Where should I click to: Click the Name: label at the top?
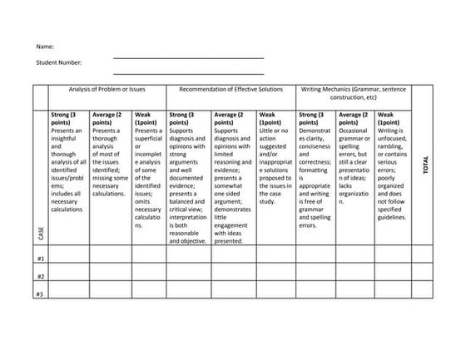click(x=45, y=47)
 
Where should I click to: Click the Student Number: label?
click(x=60, y=62)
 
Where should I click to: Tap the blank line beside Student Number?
click(x=188, y=70)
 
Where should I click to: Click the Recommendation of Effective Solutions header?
click(x=231, y=88)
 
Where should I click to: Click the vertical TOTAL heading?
click(x=425, y=165)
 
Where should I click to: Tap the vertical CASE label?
click(x=41, y=234)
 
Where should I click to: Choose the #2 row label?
click(x=40, y=275)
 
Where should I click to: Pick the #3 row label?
click(x=40, y=293)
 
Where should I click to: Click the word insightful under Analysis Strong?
click(x=64, y=138)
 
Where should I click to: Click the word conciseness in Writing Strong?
click(x=315, y=146)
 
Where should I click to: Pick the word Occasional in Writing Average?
click(x=355, y=131)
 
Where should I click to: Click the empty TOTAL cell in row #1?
click(x=425, y=254)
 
